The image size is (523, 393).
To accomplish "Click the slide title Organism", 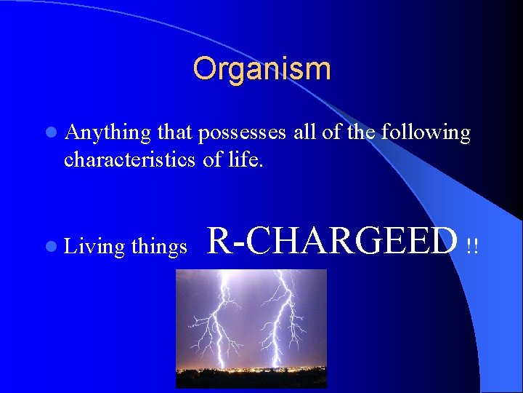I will coord(261,69).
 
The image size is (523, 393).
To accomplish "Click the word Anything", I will coord(108,133).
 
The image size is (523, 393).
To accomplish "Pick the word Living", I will coord(94,247).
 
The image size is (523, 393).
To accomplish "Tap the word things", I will coord(159,247).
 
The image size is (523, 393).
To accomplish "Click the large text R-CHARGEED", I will coord(333,241).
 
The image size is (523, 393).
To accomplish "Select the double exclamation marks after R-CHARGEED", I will coord(472,247).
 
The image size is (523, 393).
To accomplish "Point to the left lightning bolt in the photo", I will coord(218,320).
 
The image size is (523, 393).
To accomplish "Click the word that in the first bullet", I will coord(174,133).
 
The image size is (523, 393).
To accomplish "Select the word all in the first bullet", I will coord(309,133).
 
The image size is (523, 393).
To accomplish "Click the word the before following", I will coord(363,133).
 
